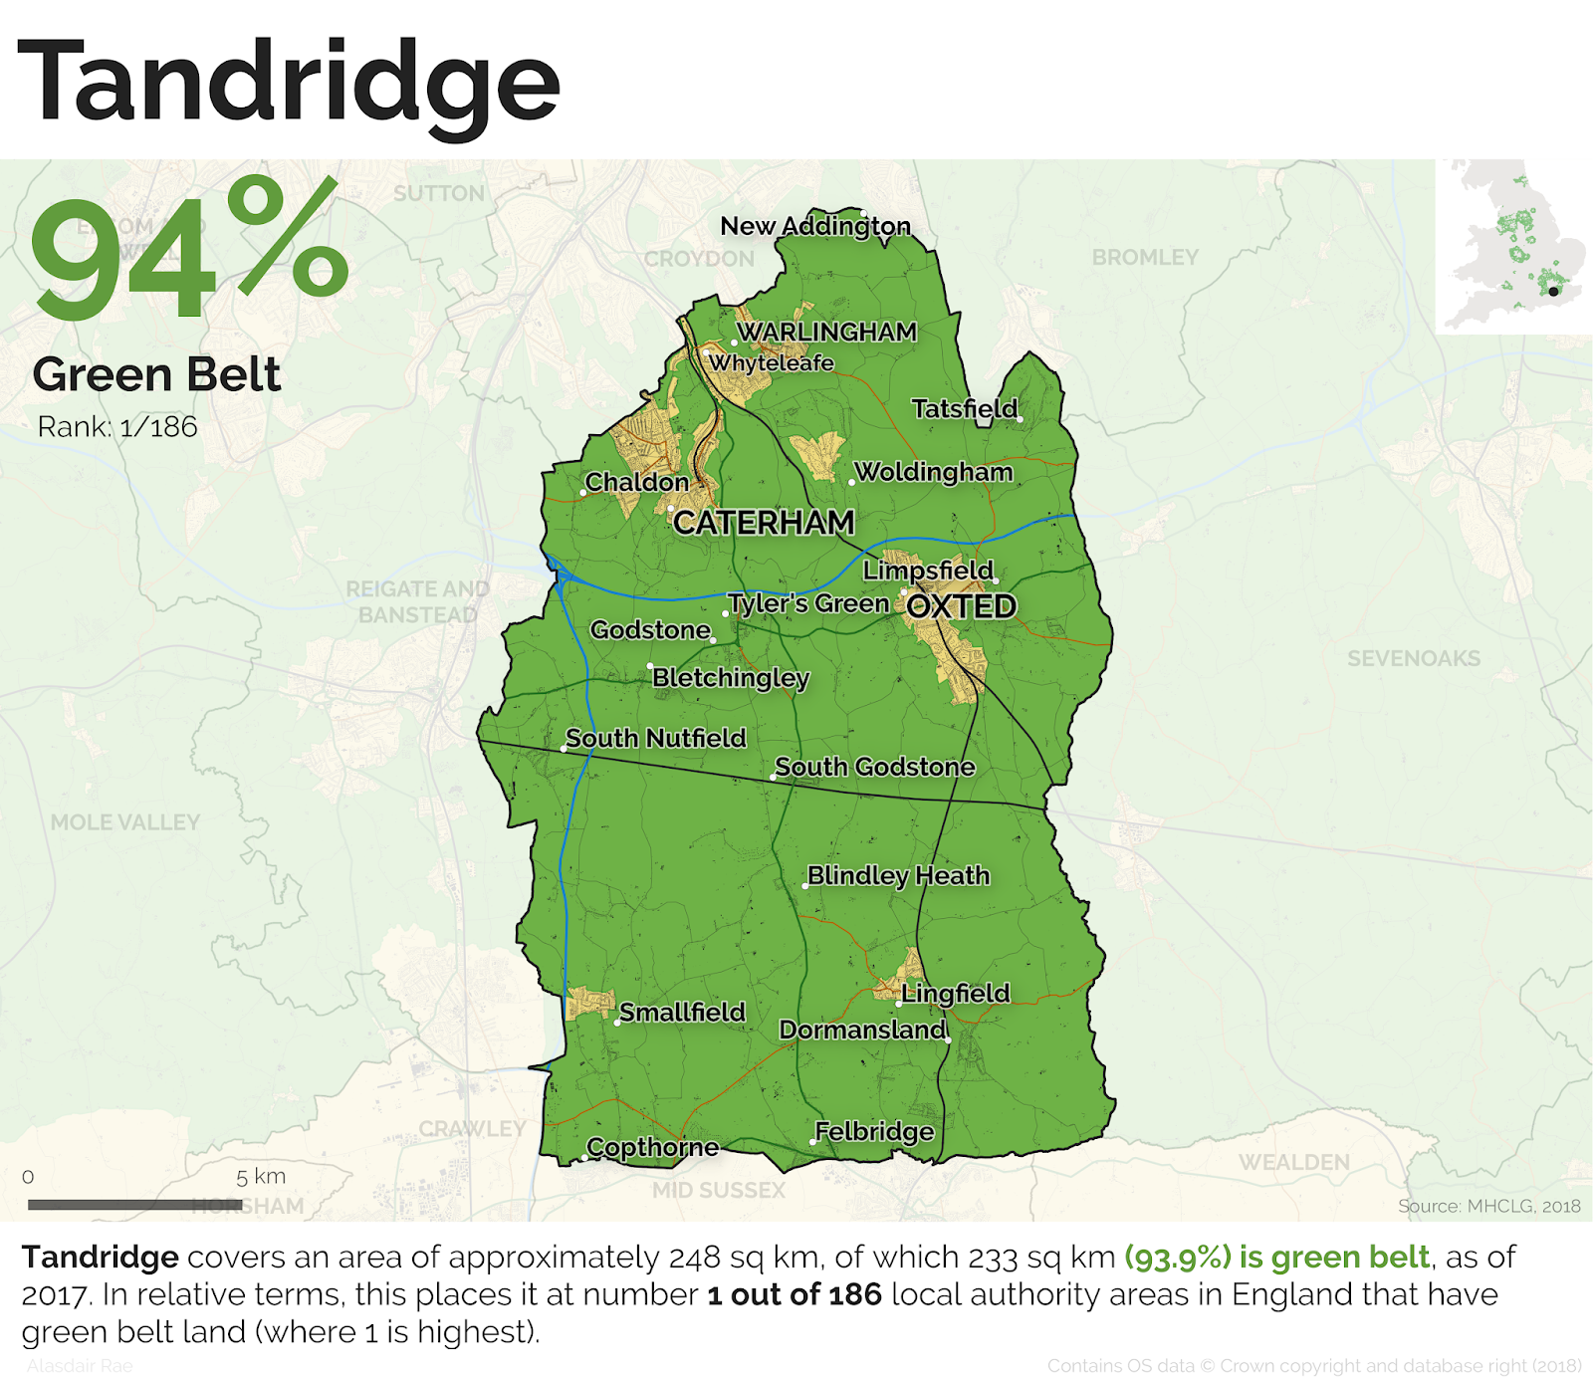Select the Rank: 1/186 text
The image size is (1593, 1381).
[x=117, y=427]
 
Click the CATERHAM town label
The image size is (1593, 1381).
[x=764, y=522]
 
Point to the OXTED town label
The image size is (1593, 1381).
[x=962, y=606]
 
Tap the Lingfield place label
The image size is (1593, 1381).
[x=955, y=993]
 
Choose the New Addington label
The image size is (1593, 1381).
[x=815, y=226]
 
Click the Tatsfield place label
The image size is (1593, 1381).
[x=965, y=408]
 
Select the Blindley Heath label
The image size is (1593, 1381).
[x=898, y=875]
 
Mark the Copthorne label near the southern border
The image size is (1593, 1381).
[x=652, y=1147]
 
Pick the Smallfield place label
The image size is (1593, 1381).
[x=682, y=1012]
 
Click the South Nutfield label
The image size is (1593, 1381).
[x=656, y=738]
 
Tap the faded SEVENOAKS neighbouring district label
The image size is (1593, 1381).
[x=1414, y=658]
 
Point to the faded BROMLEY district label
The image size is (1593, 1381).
[x=1145, y=257]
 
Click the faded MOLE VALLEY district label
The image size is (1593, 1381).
[x=125, y=822]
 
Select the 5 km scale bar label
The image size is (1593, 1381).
[x=261, y=1176]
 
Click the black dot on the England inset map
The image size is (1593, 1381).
[x=1553, y=292]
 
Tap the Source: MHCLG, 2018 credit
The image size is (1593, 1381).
[x=1488, y=1206]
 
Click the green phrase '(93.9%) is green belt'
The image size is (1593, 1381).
[x=1276, y=1258]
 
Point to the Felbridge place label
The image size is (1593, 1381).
[x=874, y=1131]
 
